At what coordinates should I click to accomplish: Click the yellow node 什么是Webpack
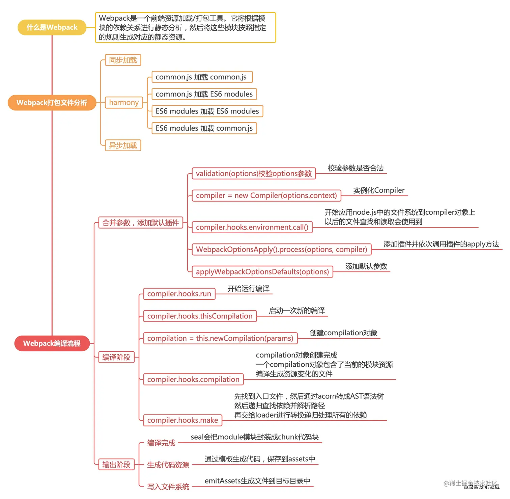[52, 27]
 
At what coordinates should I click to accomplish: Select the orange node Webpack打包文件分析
[52, 103]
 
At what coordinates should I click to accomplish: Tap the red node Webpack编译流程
[52, 343]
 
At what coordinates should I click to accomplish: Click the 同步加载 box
[123, 60]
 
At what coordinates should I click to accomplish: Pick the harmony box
[124, 103]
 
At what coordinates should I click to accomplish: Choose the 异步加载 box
[123, 146]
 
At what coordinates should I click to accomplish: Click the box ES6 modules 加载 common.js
[204, 128]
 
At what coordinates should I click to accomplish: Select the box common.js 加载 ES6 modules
[204, 94]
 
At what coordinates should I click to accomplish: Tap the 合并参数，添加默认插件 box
[141, 223]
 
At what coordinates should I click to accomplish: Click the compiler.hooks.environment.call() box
[252, 227]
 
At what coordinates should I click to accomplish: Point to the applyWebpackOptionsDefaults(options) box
[262, 272]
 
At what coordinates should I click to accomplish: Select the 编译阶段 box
[116, 357]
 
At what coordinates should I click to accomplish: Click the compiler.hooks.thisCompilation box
[200, 316]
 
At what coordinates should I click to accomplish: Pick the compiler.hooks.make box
[182, 420]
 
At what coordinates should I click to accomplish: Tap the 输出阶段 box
[116, 465]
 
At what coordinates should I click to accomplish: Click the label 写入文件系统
[168, 487]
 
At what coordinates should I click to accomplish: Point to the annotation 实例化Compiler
[379, 190]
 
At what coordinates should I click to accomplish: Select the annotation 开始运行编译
[249, 289]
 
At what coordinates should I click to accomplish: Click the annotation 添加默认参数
[366, 266]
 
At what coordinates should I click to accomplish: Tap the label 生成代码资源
[168, 465]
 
